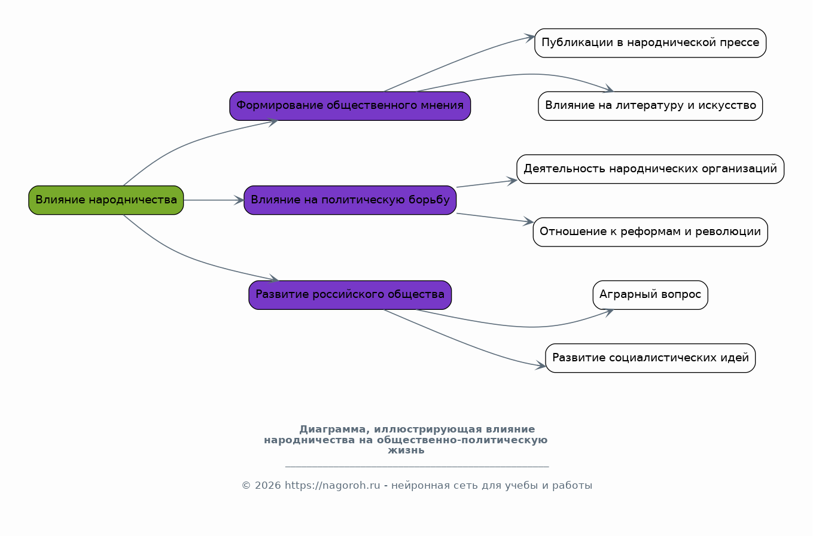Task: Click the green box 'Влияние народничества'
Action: click(106, 200)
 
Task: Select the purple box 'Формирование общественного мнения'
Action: click(350, 106)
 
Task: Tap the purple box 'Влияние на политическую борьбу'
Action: click(350, 200)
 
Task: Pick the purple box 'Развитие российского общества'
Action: click(350, 295)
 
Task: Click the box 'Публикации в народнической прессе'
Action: click(650, 43)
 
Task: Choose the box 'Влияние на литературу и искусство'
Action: click(650, 106)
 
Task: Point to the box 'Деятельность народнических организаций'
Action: click(650, 169)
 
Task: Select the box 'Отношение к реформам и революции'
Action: click(650, 232)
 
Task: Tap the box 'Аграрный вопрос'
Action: click(650, 295)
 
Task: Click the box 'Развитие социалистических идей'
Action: click(650, 358)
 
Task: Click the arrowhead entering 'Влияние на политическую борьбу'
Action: click(239, 200)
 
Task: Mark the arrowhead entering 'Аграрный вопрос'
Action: click(608, 312)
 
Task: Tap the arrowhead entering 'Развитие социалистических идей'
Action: click(541, 365)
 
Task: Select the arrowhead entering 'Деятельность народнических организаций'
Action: click(512, 181)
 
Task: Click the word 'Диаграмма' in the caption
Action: click(333, 430)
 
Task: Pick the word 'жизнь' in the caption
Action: click(406, 450)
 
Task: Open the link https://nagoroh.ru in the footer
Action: click(332, 485)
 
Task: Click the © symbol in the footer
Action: click(246, 485)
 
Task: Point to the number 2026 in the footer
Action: click(268, 485)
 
